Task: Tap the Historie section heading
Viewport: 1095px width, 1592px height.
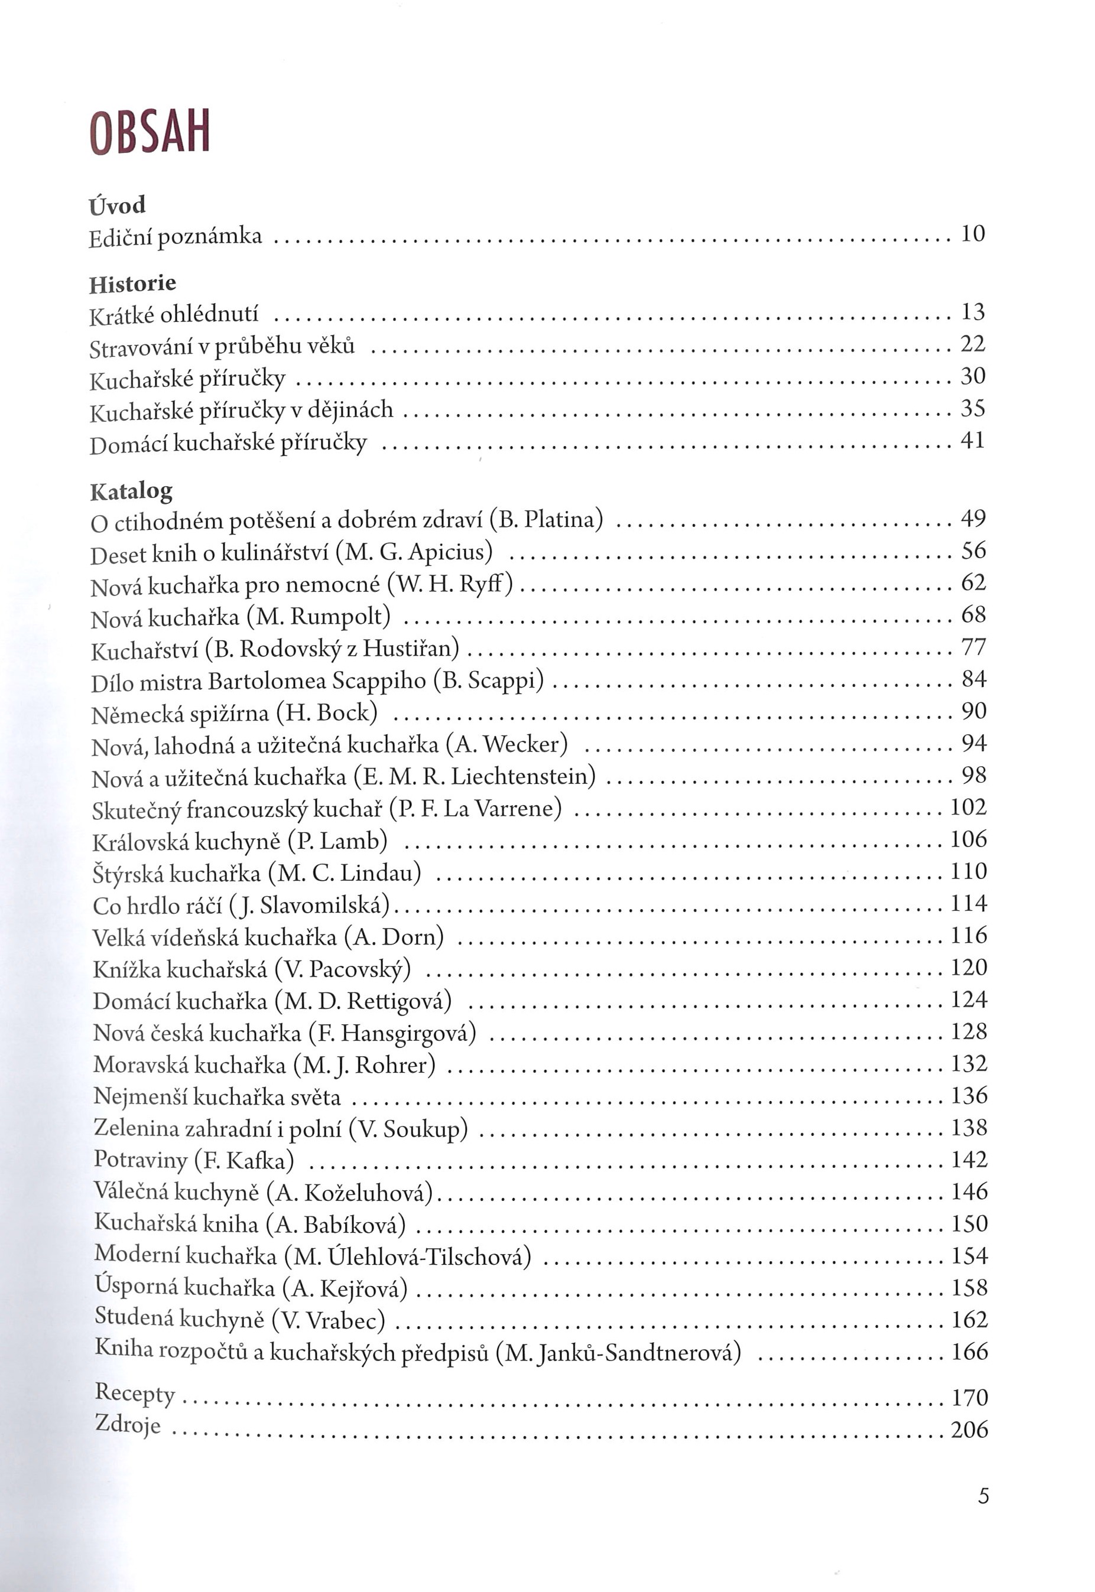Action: [x=133, y=284]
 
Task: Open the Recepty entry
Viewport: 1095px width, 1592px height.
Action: [x=135, y=1393]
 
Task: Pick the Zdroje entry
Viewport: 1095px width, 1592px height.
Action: [x=128, y=1425]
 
